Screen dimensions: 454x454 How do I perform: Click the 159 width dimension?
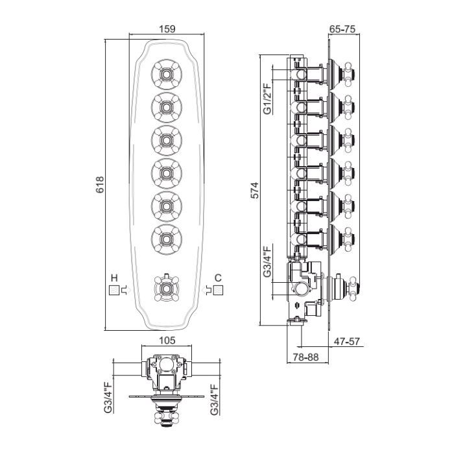[167, 29]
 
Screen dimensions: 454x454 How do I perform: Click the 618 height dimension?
[100, 185]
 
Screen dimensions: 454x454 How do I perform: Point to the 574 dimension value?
[254, 190]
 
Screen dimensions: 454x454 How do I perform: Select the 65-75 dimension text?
[342, 29]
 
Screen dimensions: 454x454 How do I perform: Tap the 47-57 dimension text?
[347, 341]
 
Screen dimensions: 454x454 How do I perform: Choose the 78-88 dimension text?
[305, 357]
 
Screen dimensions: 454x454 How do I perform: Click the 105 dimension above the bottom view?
[167, 340]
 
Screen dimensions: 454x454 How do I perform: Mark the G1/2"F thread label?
[267, 99]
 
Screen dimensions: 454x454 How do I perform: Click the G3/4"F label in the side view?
[267, 261]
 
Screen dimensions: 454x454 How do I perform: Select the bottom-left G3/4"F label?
[108, 398]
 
